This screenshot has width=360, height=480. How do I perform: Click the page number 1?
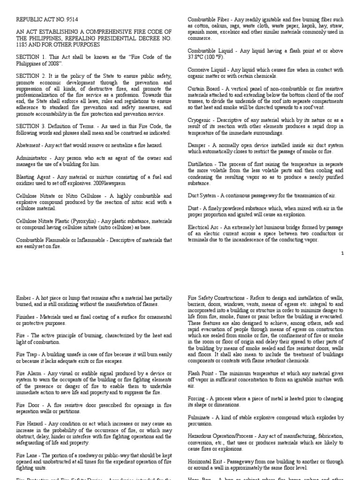pos(343,253)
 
